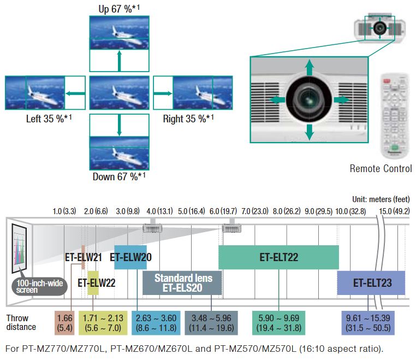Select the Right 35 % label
click(x=188, y=119)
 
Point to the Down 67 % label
click(x=119, y=176)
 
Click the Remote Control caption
click(x=381, y=169)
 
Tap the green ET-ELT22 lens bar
click(x=278, y=257)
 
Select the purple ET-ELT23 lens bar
click(x=371, y=283)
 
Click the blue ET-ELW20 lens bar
click(x=131, y=257)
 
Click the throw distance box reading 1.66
click(x=65, y=322)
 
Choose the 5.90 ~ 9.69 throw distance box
click(x=278, y=322)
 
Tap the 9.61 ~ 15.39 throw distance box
click(x=369, y=322)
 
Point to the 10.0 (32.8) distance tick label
click(x=350, y=211)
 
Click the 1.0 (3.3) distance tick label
click(x=64, y=211)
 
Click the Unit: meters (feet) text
click(x=381, y=199)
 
